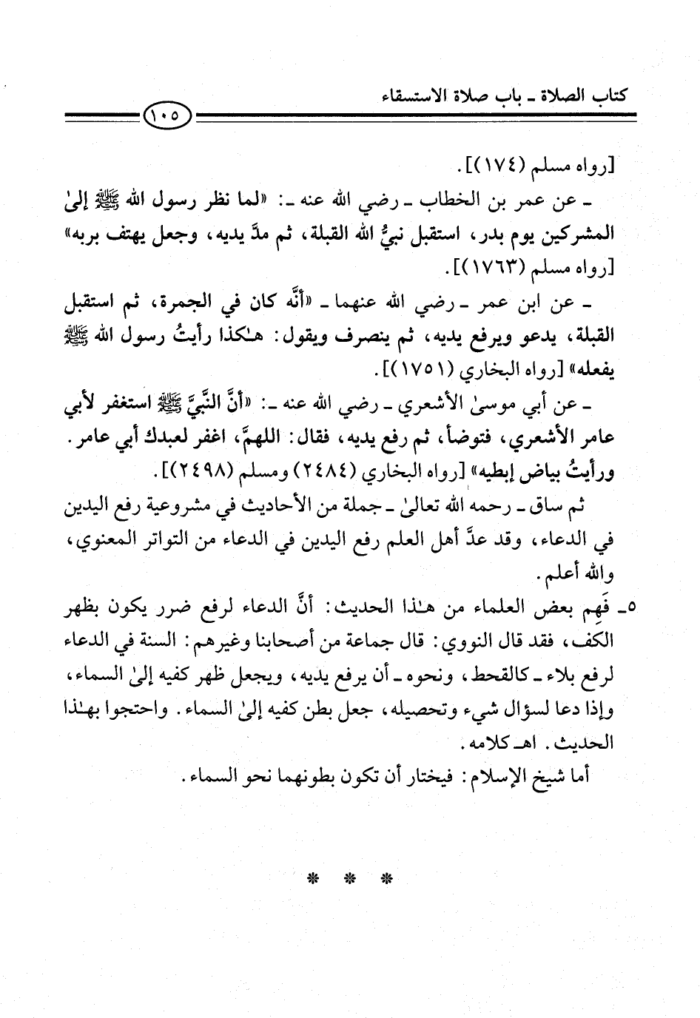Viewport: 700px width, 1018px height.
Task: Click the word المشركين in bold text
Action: click(x=582, y=234)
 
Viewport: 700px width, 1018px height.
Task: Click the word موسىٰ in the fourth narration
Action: click(x=501, y=404)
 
